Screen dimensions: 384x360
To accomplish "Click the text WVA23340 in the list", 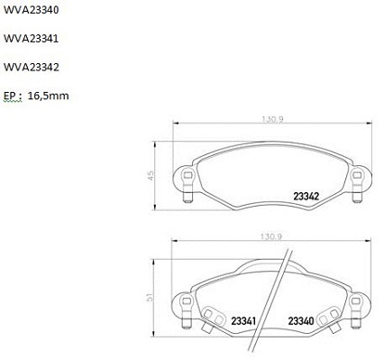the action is tap(31, 10).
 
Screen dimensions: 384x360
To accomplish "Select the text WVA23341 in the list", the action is tap(31, 39).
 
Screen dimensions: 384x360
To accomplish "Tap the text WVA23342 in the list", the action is tap(31, 67).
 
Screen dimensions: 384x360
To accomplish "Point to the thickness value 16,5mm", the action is tap(48, 96).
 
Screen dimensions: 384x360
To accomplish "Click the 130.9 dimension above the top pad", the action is tap(272, 119).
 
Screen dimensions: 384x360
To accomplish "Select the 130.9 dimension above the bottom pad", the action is tap(270, 236).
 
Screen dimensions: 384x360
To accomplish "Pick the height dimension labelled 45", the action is tap(151, 175).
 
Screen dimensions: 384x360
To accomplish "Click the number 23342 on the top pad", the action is tap(306, 197).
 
